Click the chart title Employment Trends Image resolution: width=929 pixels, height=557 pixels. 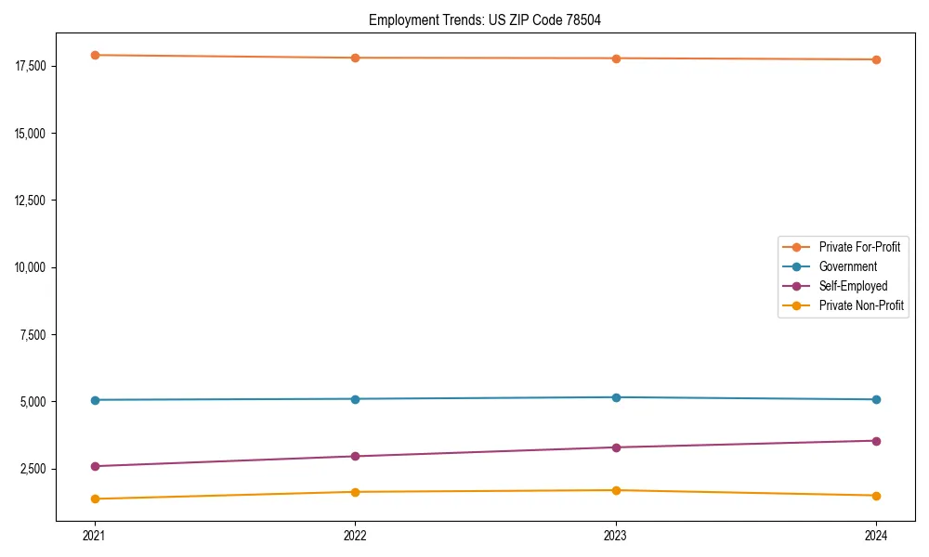pyautogui.click(x=485, y=20)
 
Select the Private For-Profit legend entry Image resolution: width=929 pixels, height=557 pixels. pyautogui.click(x=858, y=247)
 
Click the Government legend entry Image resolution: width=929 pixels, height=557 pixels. pyautogui.click(x=847, y=266)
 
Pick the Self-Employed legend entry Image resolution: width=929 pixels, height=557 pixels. pyautogui.click(x=853, y=286)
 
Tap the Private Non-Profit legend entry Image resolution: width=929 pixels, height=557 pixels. pyautogui.click(x=861, y=305)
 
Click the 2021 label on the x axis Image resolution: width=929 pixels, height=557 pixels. pyautogui.click(x=95, y=536)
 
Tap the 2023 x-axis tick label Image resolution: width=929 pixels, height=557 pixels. pyautogui.click(x=616, y=536)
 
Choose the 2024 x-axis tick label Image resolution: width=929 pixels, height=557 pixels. pyautogui.click(x=876, y=536)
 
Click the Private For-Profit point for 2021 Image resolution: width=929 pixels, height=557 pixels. pyautogui.click(x=95, y=55)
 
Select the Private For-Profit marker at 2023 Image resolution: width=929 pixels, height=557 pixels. pyautogui.click(x=616, y=58)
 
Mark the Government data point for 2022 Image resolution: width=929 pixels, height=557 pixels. pyautogui.click(x=355, y=399)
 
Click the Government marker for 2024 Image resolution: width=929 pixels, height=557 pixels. pyautogui.click(x=876, y=399)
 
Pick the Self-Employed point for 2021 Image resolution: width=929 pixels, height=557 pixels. pyautogui.click(x=95, y=466)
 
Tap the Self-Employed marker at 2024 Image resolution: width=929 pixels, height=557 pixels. pyautogui.click(x=876, y=441)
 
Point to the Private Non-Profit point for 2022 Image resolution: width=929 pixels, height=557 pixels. pyautogui.click(x=355, y=492)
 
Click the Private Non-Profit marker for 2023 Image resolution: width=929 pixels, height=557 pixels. pyautogui.click(x=616, y=490)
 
